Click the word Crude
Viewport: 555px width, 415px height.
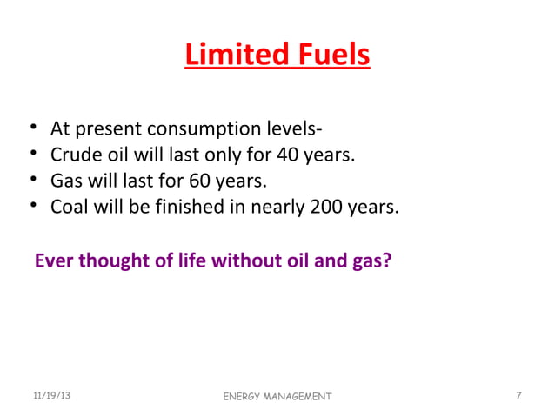tap(76, 156)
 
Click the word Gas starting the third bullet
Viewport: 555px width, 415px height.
tap(67, 182)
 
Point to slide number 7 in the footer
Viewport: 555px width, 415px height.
tap(518, 396)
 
